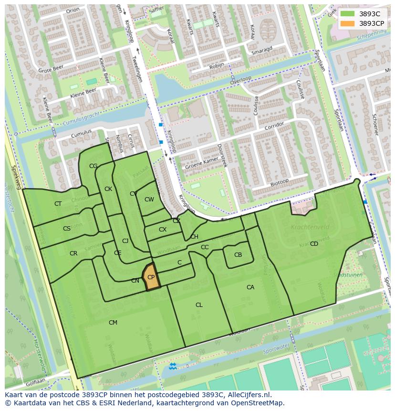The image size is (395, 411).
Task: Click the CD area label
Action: pyautogui.click(x=314, y=244)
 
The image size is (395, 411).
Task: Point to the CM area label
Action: pyautogui.click(x=113, y=323)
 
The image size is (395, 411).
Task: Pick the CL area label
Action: pyautogui.click(x=199, y=305)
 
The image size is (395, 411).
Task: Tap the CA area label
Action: pyautogui.click(x=250, y=287)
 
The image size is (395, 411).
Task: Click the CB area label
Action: pyautogui.click(x=238, y=255)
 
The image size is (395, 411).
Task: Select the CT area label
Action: pyautogui.click(x=58, y=204)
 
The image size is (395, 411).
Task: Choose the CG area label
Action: pyautogui.click(x=93, y=166)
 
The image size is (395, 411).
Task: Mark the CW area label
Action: pyautogui.click(x=149, y=200)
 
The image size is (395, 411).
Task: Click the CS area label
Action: pyautogui.click(x=67, y=229)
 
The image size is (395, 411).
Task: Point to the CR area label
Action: pyautogui.click(x=73, y=253)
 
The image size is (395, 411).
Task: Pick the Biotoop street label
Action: pyautogui.click(x=280, y=182)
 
